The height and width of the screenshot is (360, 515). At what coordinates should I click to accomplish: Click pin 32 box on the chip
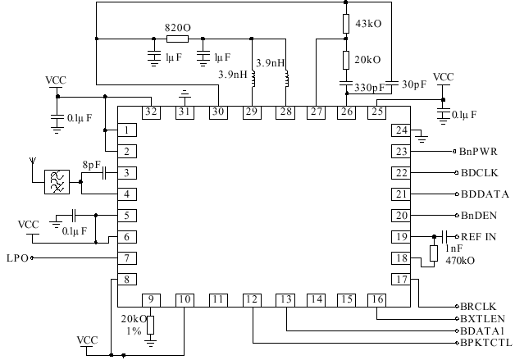[x=151, y=112]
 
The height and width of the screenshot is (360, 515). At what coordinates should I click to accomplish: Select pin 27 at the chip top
[x=316, y=112]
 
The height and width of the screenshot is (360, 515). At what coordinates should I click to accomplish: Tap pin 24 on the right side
[x=400, y=130]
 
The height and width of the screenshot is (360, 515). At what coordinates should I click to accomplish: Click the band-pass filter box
[x=57, y=182]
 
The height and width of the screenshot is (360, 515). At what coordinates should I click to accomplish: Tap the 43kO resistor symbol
[x=347, y=23]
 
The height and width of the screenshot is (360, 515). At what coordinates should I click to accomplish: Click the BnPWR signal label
[x=477, y=152]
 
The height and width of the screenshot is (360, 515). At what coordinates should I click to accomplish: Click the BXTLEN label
[x=482, y=317]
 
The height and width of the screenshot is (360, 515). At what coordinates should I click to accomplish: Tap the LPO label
[x=16, y=258]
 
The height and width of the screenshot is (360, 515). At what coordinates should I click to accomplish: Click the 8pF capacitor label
[x=91, y=165]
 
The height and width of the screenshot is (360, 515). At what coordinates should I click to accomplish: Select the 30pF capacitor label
[x=414, y=84]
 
